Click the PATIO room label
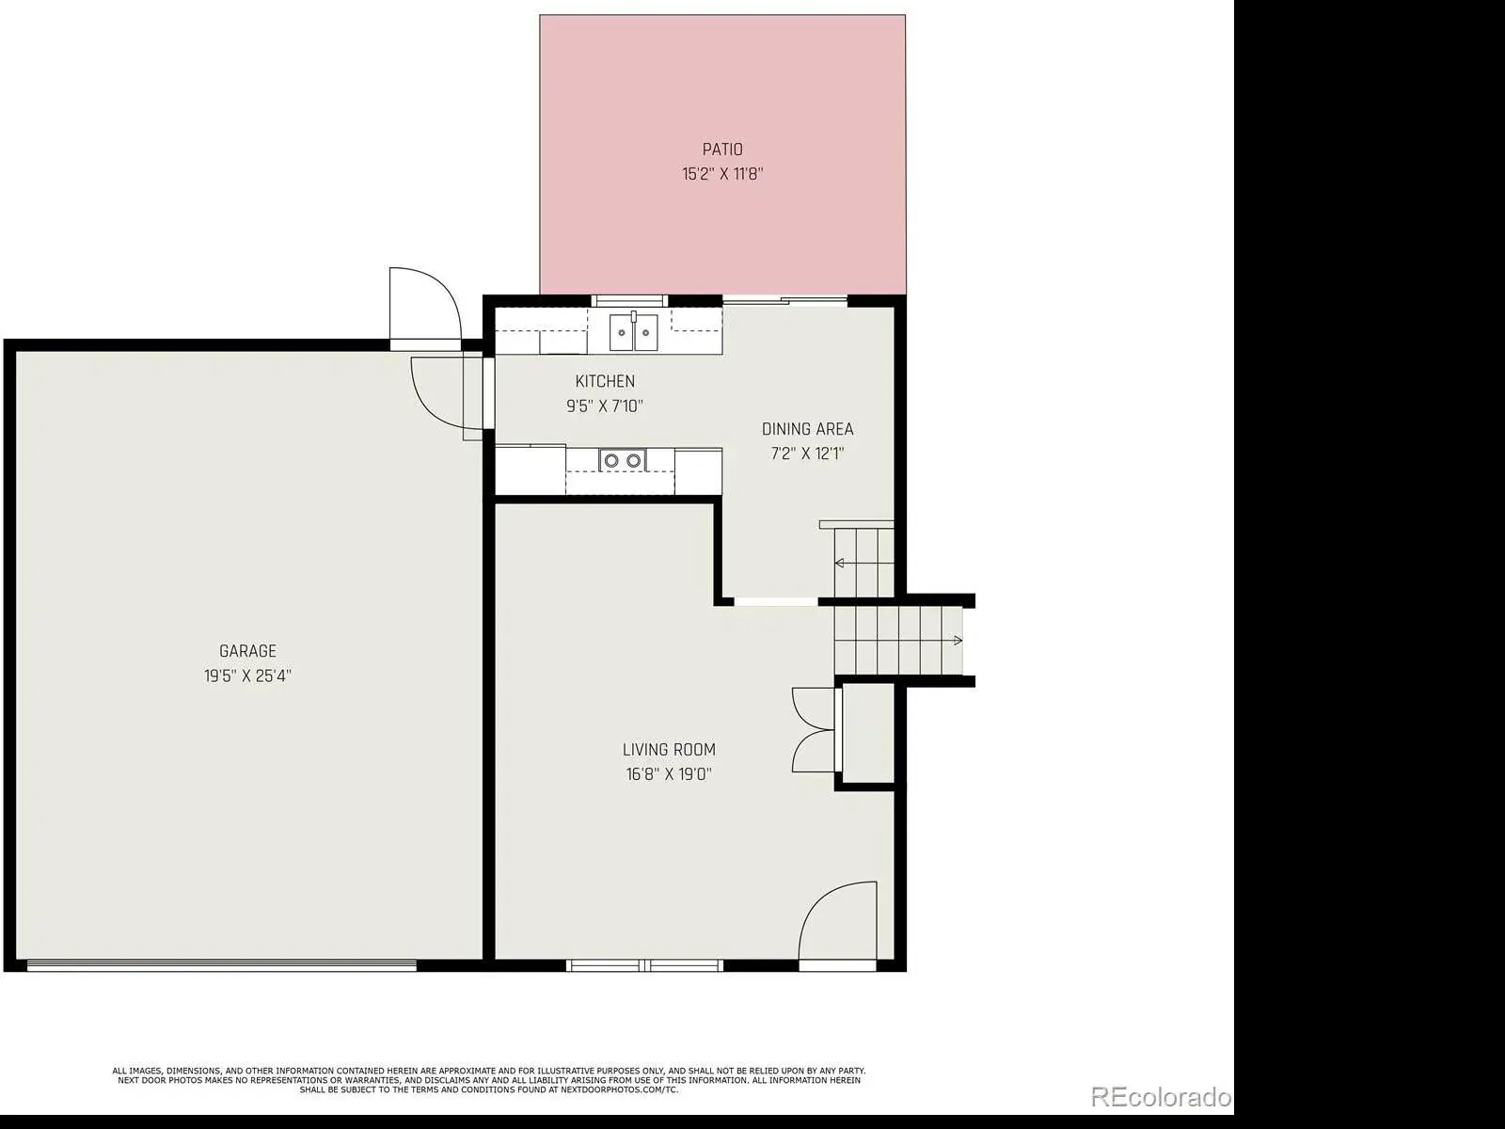(722, 150)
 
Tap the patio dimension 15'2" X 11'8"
(722, 173)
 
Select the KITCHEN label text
(605, 381)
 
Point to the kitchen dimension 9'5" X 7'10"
(605, 405)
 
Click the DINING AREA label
(808, 429)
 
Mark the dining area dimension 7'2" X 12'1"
(808, 453)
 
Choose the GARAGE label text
(247, 650)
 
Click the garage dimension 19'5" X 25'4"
(247, 676)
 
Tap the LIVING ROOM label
(669, 749)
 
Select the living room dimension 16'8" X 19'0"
(669, 774)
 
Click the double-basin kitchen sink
(634, 332)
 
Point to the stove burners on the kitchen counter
(623, 460)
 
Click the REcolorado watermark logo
(1160, 1097)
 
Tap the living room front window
(644, 966)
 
